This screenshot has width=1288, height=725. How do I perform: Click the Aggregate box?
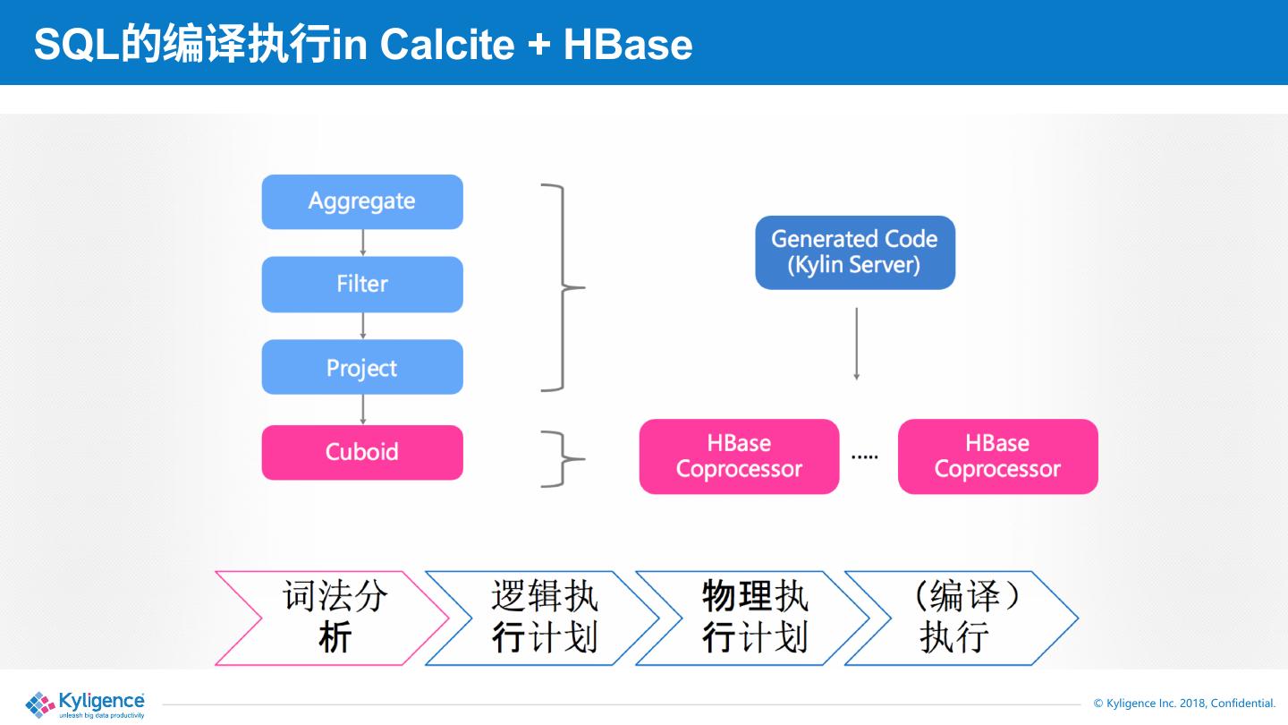click(362, 201)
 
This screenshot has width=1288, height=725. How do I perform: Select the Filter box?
click(362, 284)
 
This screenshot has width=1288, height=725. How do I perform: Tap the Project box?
click(362, 367)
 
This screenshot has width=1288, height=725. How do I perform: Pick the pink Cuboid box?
click(362, 452)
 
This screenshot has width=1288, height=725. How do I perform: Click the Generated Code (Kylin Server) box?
click(855, 252)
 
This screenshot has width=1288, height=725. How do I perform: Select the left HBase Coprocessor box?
click(739, 456)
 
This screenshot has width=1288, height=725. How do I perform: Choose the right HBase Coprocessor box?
click(997, 456)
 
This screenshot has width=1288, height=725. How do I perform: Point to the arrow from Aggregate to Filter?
click(363, 243)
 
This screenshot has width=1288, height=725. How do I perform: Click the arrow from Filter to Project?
click(363, 326)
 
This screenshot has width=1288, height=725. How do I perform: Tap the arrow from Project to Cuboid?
click(363, 409)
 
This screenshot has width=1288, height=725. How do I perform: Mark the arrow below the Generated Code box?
click(856, 345)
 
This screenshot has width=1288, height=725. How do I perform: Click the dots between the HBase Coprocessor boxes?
click(864, 456)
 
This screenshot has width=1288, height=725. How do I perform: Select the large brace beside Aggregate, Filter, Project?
click(563, 288)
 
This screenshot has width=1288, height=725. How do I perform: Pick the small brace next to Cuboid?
click(563, 459)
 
